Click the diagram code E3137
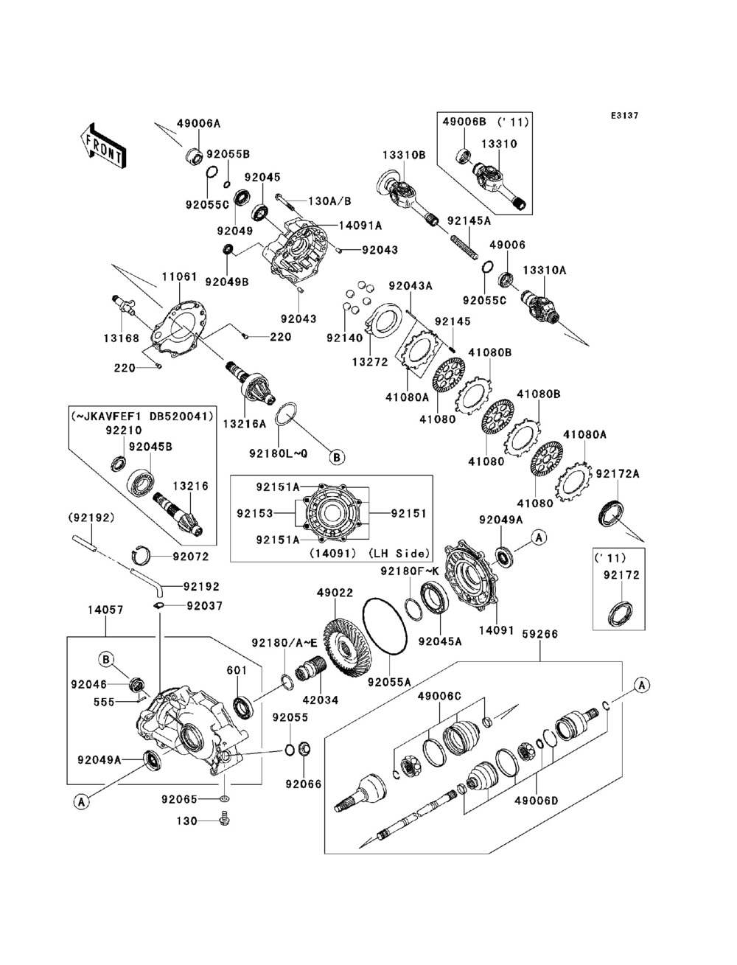point(624,116)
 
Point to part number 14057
point(105,610)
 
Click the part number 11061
point(180,277)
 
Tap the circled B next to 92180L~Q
point(336,458)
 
